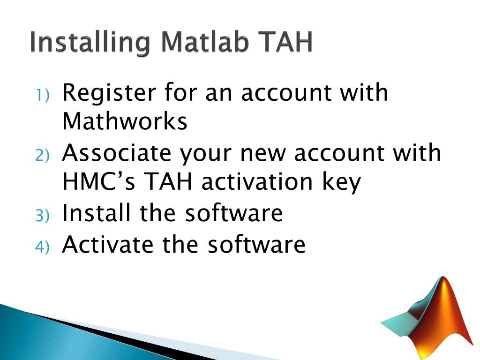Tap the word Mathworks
(125, 121)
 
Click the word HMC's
(99, 182)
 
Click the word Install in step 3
(96, 213)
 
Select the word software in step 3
(234, 213)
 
